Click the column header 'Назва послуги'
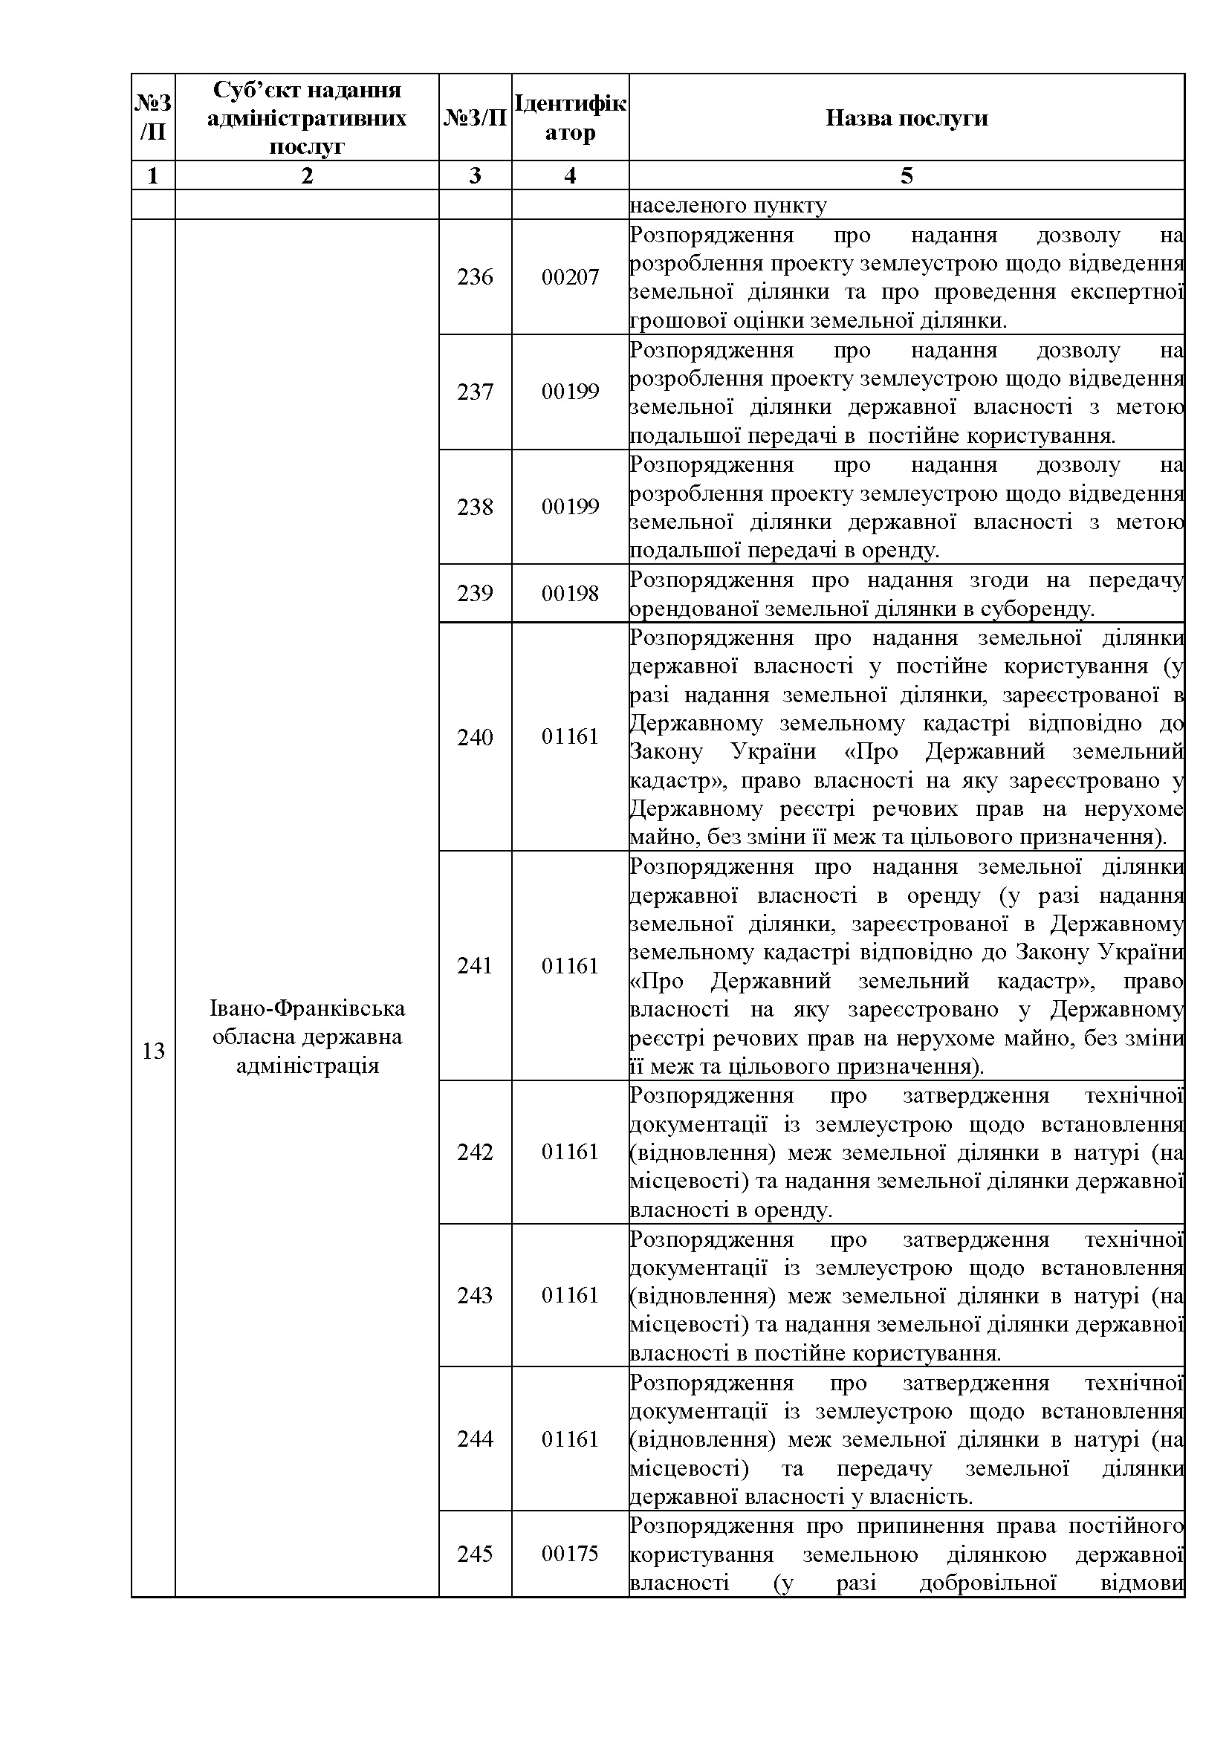coord(906,118)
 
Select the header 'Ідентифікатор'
coord(570,117)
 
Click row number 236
coord(475,277)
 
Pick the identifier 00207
coord(570,277)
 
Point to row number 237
coord(475,392)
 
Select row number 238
coord(475,508)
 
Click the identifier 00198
coord(570,594)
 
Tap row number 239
coord(475,594)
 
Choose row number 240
coord(475,737)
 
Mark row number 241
coord(475,966)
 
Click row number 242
coord(475,1152)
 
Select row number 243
coord(475,1295)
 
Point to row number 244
coord(475,1439)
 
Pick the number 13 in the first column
coord(154,1051)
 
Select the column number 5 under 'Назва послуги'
coord(906,175)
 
